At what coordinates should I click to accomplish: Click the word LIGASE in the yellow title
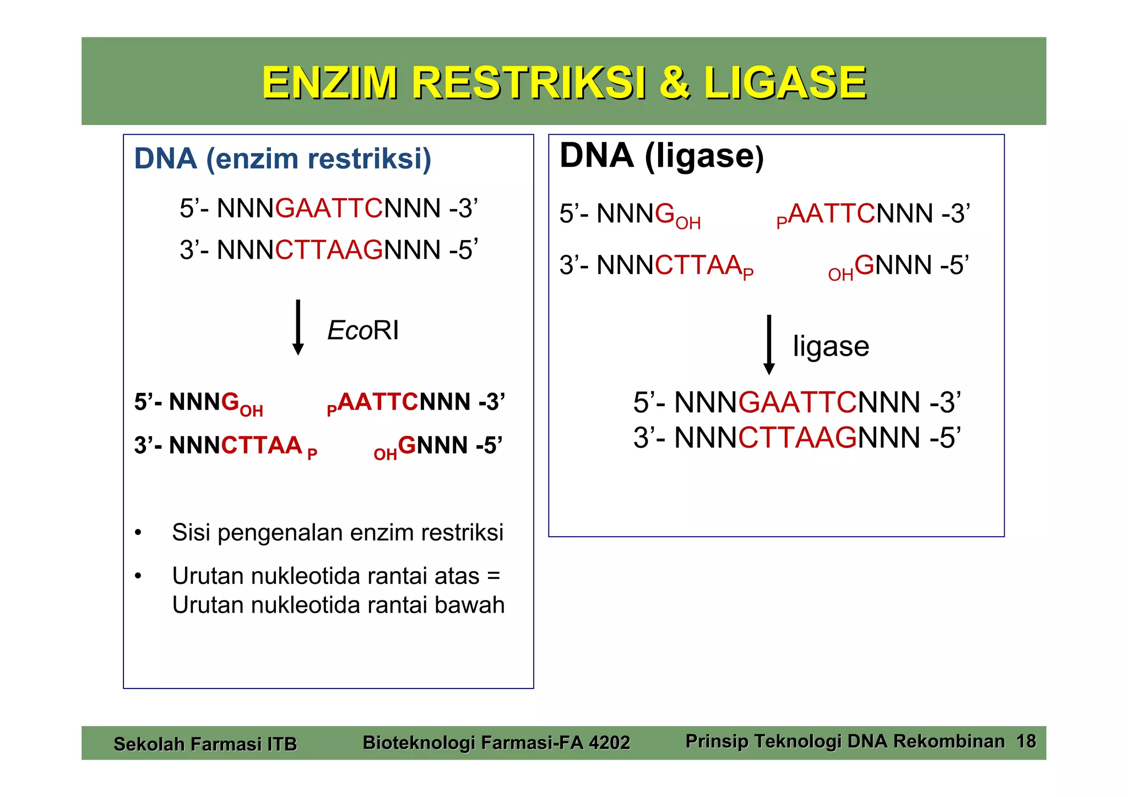point(784,83)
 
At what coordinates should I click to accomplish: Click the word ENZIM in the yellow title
point(329,83)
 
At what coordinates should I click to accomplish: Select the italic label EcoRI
point(362,330)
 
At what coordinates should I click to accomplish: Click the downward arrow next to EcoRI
point(298,327)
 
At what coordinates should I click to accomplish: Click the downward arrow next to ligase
point(769,345)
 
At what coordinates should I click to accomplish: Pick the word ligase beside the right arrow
point(831,346)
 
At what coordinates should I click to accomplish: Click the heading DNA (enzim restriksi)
point(283,159)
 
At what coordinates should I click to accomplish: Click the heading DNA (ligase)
point(661,156)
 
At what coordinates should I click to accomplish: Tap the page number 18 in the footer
point(1026,741)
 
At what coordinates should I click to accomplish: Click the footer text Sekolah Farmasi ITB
point(205,744)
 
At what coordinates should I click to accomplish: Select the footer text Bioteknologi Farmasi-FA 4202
point(496,743)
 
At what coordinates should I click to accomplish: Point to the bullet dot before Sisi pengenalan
point(138,533)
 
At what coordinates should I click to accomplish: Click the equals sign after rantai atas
point(493,576)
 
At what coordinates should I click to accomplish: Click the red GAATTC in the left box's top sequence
point(329,209)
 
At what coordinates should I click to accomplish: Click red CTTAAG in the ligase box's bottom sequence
point(797,438)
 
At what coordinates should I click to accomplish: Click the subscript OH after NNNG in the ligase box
point(688,223)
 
